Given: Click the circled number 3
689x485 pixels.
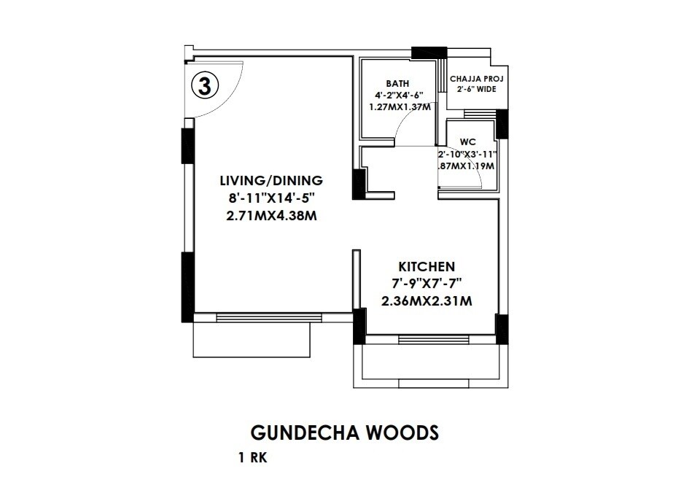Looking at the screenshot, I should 205,85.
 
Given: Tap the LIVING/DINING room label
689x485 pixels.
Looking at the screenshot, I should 272,180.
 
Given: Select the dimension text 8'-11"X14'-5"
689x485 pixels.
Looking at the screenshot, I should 272,198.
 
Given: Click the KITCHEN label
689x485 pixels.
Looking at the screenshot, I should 427,266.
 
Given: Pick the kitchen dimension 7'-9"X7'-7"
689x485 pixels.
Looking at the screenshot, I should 427,283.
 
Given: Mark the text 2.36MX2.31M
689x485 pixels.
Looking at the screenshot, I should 427,300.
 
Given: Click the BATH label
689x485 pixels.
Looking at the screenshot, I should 398,84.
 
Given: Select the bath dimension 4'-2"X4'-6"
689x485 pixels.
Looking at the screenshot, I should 398,96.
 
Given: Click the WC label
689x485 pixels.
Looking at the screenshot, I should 468,142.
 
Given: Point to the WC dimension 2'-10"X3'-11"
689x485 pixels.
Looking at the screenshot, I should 467,155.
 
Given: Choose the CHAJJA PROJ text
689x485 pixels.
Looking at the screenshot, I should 477,78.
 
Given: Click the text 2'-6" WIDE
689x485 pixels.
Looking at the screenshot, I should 477,89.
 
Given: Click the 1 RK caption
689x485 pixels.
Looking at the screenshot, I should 252,459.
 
